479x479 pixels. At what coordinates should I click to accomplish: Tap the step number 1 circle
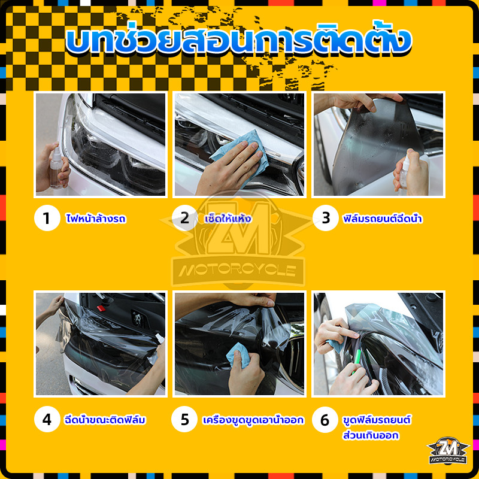47,218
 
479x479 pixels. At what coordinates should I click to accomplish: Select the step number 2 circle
185,218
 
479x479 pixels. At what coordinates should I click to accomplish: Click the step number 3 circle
326,218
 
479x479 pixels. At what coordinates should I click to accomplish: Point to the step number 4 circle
47,419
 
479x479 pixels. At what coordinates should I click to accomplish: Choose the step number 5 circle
184,419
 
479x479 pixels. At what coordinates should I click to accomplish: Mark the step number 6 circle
325,420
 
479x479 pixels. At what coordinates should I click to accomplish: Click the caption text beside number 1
96,218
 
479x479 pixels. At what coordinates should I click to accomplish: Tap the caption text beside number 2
228,218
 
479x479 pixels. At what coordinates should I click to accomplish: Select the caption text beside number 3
383,218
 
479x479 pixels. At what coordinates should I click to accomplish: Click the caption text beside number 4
105,420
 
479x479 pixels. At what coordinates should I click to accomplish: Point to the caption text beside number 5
253,420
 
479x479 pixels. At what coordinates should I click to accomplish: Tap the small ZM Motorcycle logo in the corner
448,451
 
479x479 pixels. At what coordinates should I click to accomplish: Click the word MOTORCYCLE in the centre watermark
238,270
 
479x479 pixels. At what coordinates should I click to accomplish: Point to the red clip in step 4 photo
101,308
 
